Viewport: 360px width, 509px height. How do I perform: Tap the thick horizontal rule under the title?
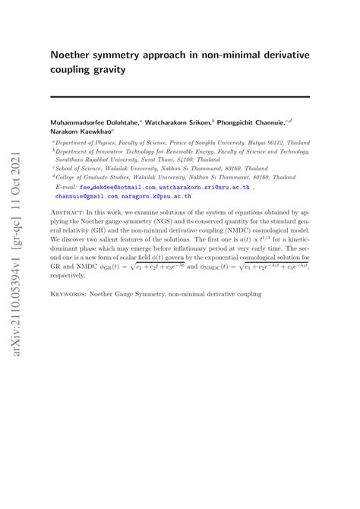(x=180, y=96)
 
